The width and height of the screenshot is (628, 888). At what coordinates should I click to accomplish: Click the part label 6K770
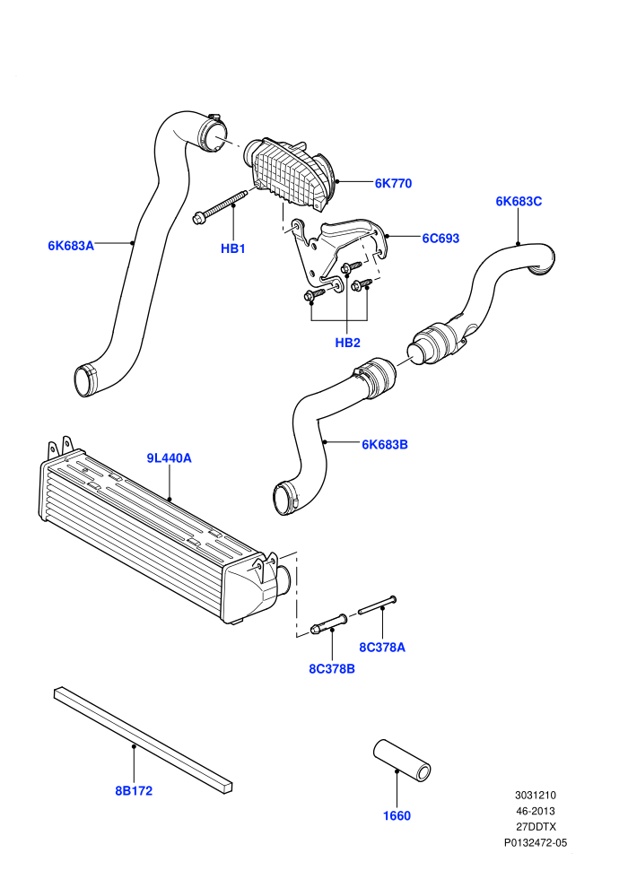pyautogui.click(x=393, y=183)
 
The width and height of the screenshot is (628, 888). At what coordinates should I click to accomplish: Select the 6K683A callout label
pyautogui.click(x=71, y=245)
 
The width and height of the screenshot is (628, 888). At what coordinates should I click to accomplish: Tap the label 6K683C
pyautogui.click(x=519, y=201)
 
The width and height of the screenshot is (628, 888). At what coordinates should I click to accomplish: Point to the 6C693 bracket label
pyautogui.click(x=440, y=238)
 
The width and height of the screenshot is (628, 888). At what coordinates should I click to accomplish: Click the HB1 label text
pyautogui.click(x=232, y=248)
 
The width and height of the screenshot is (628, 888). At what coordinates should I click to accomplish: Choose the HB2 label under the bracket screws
pyautogui.click(x=348, y=342)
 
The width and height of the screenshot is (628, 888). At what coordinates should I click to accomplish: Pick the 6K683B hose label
pyautogui.click(x=385, y=444)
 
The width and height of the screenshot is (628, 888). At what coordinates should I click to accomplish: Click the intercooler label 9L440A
pyautogui.click(x=170, y=457)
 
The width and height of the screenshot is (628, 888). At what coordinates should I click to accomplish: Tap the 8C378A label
pyautogui.click(x=382, y=647)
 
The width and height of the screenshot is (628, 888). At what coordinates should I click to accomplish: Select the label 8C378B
pyautogui.click(x=332, y=668)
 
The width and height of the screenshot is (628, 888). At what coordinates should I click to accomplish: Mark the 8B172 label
pyautogui.click(x=135, y=790)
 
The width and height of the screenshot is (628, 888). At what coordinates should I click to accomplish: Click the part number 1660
pyautogui.click(x=397, y=815)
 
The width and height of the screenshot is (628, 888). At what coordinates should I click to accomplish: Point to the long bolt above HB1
pyautogui.click(x=221, y=205)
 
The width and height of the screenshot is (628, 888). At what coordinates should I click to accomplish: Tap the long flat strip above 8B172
pyautogui.click(x=144, y=740)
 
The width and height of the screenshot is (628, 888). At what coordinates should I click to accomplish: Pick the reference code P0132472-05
pyautogui.click(x=536, y=842)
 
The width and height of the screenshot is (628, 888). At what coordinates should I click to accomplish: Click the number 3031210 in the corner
pyautogui.click(x=536, y=795)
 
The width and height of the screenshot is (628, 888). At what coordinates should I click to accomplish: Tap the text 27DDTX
pyautogui.click(x=536, y=827)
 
